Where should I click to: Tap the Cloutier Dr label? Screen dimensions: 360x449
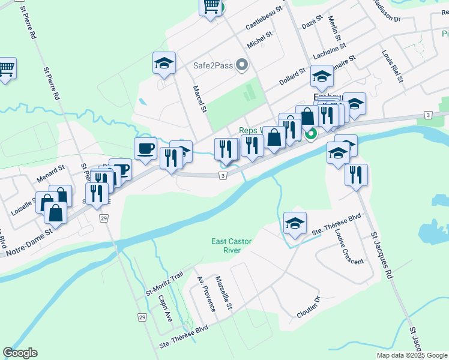[x=309, y=310]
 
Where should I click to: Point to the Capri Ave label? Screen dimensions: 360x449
[x=165, y=308]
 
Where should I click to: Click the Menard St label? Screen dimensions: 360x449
[x=50, y=173]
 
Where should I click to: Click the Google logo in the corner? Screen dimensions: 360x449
[x=20, y=353]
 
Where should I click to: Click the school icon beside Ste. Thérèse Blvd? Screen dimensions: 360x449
[x=295, y=223]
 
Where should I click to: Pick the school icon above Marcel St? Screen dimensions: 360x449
[x=164, y=64]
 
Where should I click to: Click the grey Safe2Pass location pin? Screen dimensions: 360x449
[x=242, y=64]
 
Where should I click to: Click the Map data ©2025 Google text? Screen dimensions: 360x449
[x=412, y=355]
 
